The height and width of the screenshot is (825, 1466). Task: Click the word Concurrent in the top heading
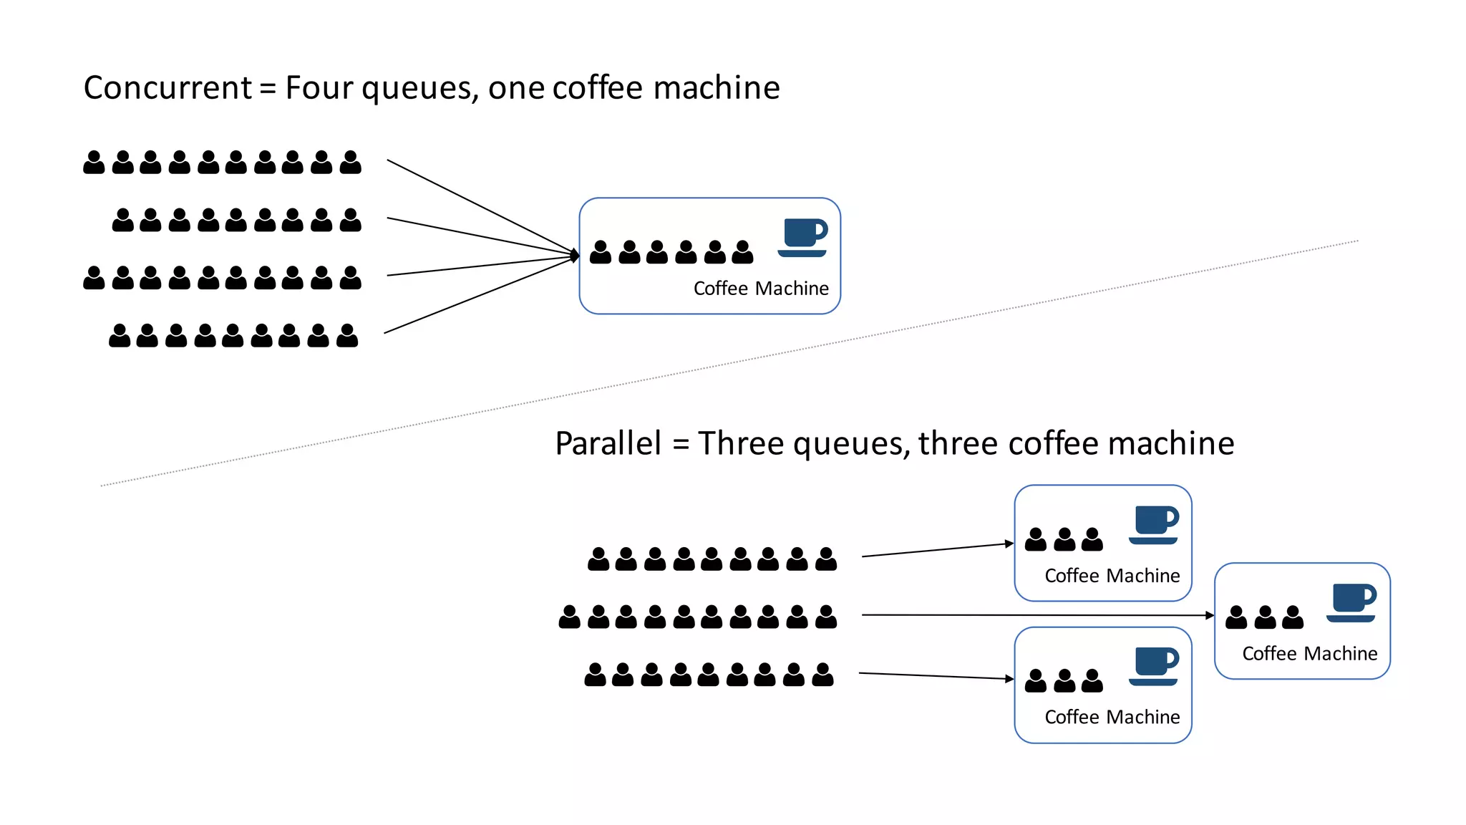pos(168,88)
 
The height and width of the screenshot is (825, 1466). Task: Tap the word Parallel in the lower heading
pos(608,443)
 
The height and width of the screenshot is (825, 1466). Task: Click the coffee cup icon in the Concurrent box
pos(802,237)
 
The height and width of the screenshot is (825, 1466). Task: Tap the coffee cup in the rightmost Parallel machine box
pos(1351,602)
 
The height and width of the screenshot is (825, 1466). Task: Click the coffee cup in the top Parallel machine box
pos(1153,524)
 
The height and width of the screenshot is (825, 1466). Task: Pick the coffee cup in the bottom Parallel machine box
pos(1153,666)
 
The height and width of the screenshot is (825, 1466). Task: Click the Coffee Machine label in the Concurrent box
pos(761,288)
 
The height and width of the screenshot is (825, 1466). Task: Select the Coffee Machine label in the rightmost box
pos(1309,653)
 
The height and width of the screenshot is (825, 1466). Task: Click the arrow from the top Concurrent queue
pos(480,206)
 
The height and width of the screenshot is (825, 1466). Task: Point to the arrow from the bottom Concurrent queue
pos(480,294)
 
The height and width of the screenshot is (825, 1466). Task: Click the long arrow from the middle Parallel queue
pos(1038,615)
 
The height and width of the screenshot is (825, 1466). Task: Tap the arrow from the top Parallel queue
pos(938,550)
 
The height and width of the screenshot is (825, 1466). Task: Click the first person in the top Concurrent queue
pos(94,163)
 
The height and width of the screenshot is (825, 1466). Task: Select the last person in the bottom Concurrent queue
pos(346,335)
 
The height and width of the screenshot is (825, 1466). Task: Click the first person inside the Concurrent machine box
pos(601,252)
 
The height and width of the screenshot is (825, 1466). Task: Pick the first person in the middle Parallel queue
pos(569,617)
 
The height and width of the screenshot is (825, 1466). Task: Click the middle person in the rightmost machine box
pos(1265,617)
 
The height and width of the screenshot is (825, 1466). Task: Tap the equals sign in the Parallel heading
pos(681,445)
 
